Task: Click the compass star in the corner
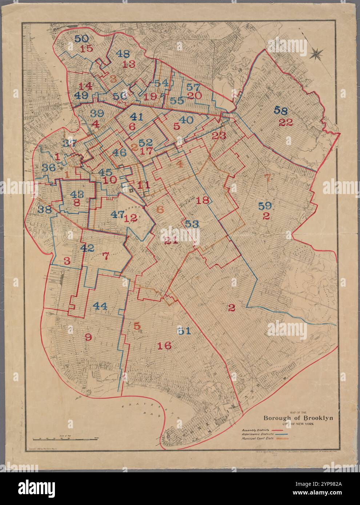tap(316, 54)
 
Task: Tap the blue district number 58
tap(283, 110)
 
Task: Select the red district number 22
tap(286, 122)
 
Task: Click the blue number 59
tap(265, 206)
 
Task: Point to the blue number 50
tap(81, 39)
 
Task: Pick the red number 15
tap(87, 49)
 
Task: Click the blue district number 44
tap(100, 306)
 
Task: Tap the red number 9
tap(88, 337)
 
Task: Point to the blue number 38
tap(45, 209)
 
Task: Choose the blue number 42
tap(87, 248)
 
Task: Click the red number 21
tap(171, 240)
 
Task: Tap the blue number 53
tap(192, 224)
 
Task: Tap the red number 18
tap(203, 200)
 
